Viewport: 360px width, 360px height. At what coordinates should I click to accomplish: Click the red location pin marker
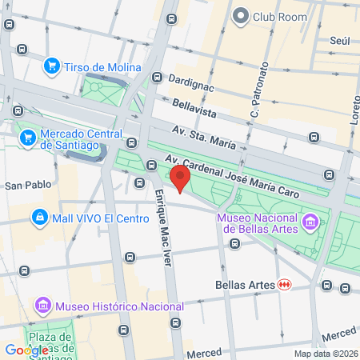click(x=181, y=178)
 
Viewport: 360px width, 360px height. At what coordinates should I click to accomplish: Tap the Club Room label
click(x=280, y=16)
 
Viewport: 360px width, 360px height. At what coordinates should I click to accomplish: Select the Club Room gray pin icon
click(x=240, y=16)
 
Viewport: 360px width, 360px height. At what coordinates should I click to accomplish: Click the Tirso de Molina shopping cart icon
click(x=52, y=66)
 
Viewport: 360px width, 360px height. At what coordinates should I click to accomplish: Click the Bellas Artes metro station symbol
click(x=283, y=284)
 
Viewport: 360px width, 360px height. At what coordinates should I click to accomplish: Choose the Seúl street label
click(x=339, y=40)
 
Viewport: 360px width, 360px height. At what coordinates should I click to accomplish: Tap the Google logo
click(x=26, y=350)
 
